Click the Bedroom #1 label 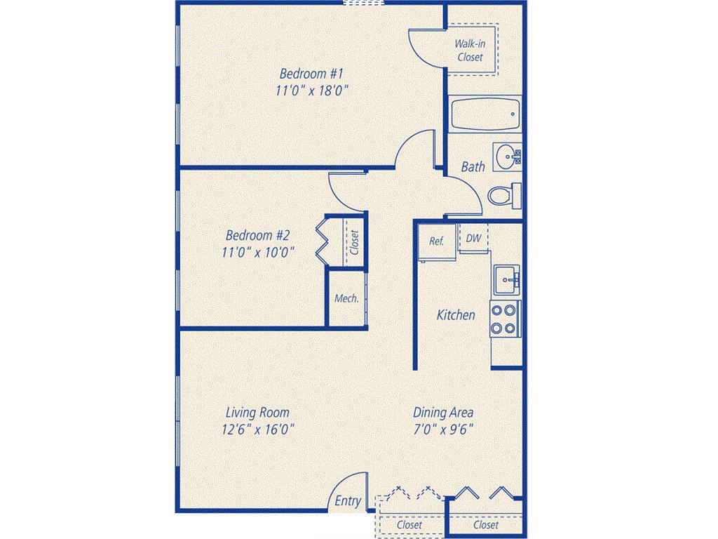[x=311, y=73]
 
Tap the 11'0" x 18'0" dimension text [x=311, y=91]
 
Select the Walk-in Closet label [x=470, y=51]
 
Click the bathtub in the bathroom [x=485, y=114]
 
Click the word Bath [x=473, y=166]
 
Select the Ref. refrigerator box [x=437, y=242]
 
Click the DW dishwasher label [x=473, y=239]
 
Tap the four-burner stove [x=505, y=319]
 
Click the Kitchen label [x=456, y=315]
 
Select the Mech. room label [x=346, y=298]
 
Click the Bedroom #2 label [x=257, y=236]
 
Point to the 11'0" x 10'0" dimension [x=257, y=253]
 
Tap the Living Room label [x=257, y=413]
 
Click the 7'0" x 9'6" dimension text [x=443, y=430]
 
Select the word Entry [x=348, y=501]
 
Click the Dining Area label [x=443, y=413]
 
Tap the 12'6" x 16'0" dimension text [x=257, y=430]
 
